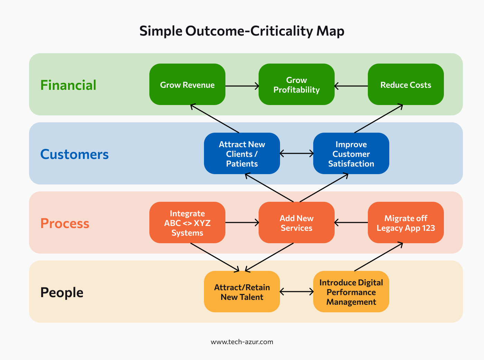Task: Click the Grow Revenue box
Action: pyautogui.click(x=187, y=85)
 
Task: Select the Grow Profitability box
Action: pyautogui.click(x=296, y=85)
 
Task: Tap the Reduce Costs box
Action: pyautogui.click(x=406, y=85)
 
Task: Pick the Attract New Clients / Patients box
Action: pyautogui.click(x=242, y=154)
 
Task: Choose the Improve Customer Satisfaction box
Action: pyautogui.click(x=351, y=154)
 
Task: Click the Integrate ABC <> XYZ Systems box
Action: pyautogui.click(x=187, y=223)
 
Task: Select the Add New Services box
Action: pyautogui.click(x=296, y=223)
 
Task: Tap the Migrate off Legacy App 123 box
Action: pyautogui.click(x=406, y=223)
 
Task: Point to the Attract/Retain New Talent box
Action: pyautogui.click(x=242, y=292)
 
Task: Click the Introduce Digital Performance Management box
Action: pyautogui.click(x=351, y=292)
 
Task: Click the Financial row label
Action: pyautogui.click(x=68, y=85)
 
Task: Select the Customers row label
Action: pyautogui.click(x=74, y=154)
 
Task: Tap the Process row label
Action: pyautogui.click(x=65, y=224)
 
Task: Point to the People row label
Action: pyautogui.click(x=62, y=293)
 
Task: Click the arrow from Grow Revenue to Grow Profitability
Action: pyautogui.click(x=242, y=86)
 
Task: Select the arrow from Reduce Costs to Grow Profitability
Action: pyautogui.click(x=351, y=86)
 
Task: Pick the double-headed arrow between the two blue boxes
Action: pyautogui.click(x=297, y=153)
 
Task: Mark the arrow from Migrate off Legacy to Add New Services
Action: pyautogui.click(x=351, y=222)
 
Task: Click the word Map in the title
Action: pyautogui.click(x=330, y=31)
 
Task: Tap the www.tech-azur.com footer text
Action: pyautogui.click(x=242, y=342)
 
